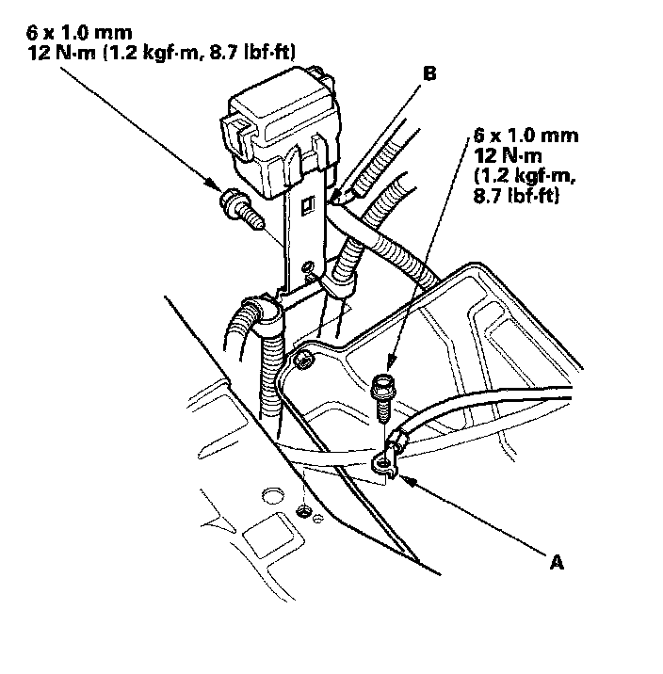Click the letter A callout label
pyautogui.click(x=557, y=562)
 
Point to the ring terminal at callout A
pyautogui.click(x=382, y=460)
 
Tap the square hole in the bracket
pyautogui.click(x=306, y=202)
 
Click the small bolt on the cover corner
pyautogui.click(x=302, y=359)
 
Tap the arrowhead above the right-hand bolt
pyautogui.click(x=388, y=369)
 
